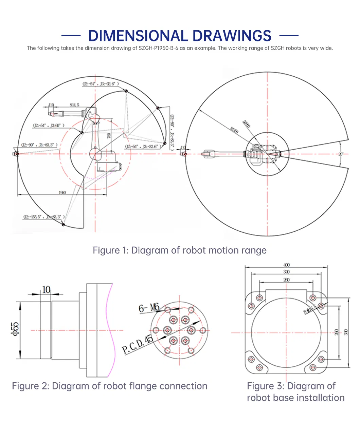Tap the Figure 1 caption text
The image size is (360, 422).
point(180,250)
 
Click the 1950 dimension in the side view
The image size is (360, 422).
point(62,192)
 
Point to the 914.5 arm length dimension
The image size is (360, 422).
point(74,105)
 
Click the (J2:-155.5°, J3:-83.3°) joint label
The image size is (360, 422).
point(44,217)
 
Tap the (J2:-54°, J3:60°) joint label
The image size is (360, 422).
point(49,125)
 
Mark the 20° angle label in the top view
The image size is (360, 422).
point(341,154)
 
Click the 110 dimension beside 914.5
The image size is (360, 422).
point(51,105)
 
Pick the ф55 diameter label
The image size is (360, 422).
point(15,329)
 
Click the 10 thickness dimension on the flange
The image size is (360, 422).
point(46,289)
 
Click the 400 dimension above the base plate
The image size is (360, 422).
point(286,265)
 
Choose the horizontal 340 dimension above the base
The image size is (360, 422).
point(286,272)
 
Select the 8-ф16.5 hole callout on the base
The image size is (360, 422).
point(310,309)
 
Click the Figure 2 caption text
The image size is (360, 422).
point(109,386)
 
